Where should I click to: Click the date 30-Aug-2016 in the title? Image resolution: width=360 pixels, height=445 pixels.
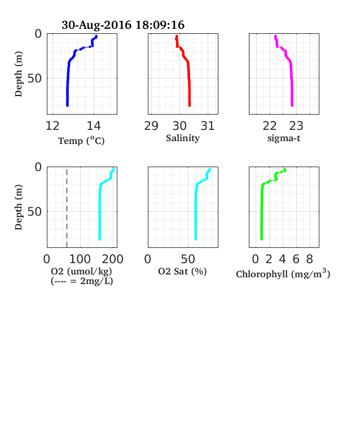click(x=96, y=25)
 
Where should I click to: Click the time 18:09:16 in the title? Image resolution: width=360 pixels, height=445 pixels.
click(x=160, y=25)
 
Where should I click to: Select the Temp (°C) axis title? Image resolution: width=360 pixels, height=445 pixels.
click(x=81, y=141)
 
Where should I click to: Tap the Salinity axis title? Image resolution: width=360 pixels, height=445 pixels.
click(x=183, y=138)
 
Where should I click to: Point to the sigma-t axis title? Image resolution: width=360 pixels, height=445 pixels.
click(x=284, y=138)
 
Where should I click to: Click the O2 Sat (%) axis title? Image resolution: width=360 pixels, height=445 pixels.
click(x=182, y=272)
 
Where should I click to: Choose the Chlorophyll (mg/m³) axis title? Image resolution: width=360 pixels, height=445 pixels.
click(x=283, y=273)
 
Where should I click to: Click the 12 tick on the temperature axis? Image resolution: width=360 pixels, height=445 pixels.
click(x=52, y=126)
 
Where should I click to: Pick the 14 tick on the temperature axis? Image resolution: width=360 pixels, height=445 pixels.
click(x=94, y=126)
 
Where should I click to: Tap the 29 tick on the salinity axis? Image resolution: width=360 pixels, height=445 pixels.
click(x=151, y=126)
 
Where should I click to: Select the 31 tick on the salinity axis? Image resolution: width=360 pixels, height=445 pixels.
click(x=208, y=126)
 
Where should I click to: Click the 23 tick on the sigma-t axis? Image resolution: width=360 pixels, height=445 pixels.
click(x=296, y=126)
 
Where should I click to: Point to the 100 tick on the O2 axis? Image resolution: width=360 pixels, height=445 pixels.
click(x=80, y=259)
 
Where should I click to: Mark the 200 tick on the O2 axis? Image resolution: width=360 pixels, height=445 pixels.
click(x=113, y=259)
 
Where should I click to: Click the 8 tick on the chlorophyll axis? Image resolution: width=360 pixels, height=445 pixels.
click(x=310, y=259)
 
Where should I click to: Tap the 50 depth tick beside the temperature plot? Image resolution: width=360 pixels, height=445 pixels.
click(x=34, y=78)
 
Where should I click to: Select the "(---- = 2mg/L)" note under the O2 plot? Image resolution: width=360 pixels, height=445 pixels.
click(x=82, y=281)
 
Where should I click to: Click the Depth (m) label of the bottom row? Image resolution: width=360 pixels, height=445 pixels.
click(x=19, y=207)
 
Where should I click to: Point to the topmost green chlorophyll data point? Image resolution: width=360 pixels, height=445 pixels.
click(x=285, y=170)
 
